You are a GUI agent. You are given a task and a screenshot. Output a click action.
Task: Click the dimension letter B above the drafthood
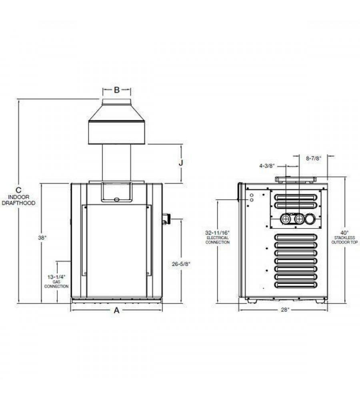(x=116, y=90)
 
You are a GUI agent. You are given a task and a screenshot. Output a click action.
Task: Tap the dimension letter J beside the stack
(x=181, y=163)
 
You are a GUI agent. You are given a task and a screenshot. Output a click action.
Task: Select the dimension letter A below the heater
(x=116, y=310)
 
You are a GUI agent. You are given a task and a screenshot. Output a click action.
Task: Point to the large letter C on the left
(x=18, y=190)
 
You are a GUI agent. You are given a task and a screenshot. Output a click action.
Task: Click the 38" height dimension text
(x=42, y=238)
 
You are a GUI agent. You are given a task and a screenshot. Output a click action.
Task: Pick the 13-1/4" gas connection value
(x=56, y=276)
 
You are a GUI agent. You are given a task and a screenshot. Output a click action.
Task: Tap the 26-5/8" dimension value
(x=181, y=264)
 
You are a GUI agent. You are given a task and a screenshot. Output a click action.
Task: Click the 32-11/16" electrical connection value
(x=218, y=233)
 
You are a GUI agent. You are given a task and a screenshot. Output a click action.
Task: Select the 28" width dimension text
(x=285, y=310)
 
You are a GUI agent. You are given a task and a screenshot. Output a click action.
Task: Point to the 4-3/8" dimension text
(x=267, y=166)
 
